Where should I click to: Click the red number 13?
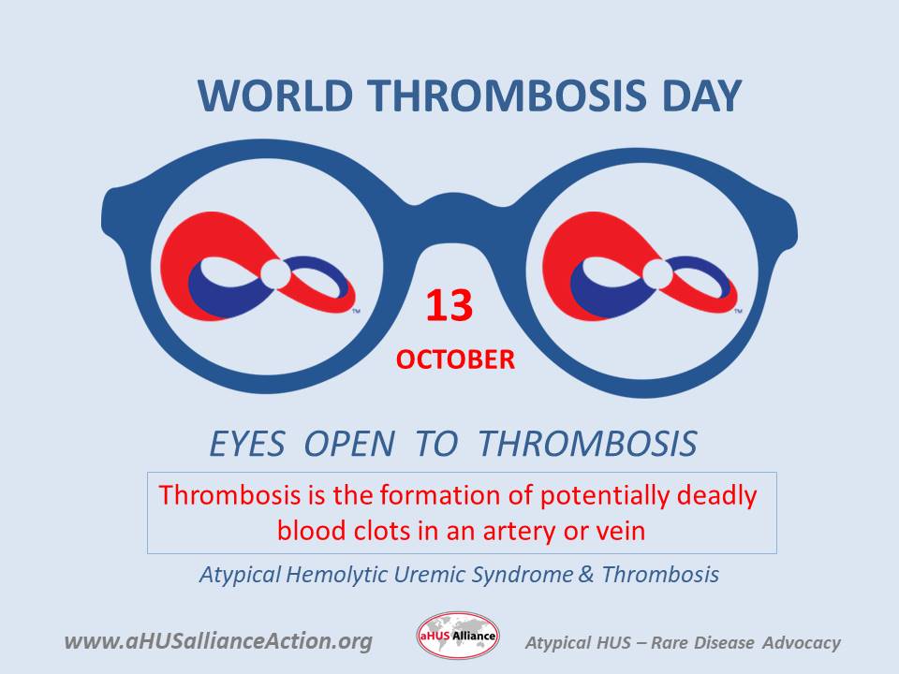click(x=449, y=306)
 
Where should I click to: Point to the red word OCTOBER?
click(x=455, y=359)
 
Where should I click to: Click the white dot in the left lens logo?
click(x=275, y=274)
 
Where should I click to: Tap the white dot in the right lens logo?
click(x=656, y=274)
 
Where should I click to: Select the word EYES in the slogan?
click(x=246, y=444)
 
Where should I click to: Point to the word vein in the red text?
click(x=619, y=531)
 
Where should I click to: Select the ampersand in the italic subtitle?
click(x=586, y=574)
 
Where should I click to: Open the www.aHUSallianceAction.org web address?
click(x=218, y=641)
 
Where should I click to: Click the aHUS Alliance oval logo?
click(x=458, y=637)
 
